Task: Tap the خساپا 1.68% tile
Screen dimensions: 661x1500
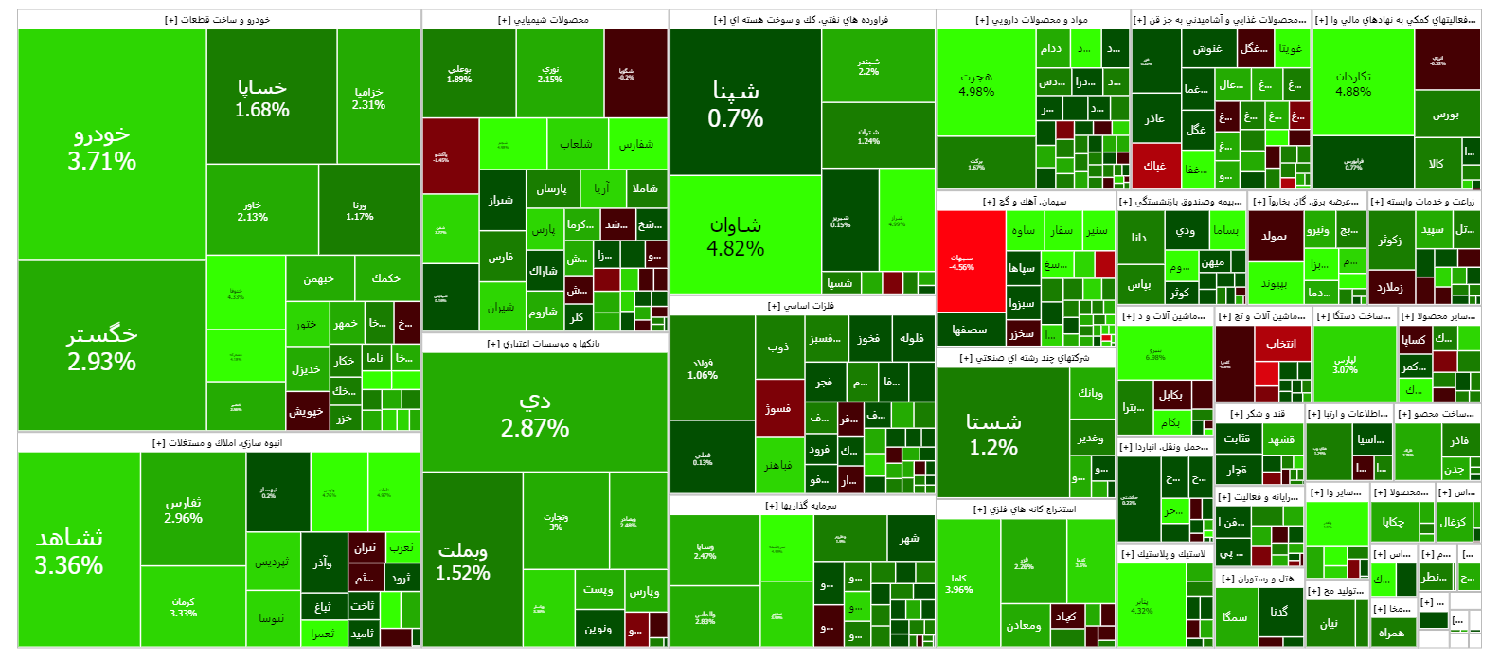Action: pyautogui.click(x=262, y=98)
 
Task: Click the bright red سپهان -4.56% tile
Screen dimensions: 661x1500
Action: pyautogui.click(x=971, y=261)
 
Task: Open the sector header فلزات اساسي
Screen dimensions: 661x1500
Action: pyautogui.click(x=801, y=306)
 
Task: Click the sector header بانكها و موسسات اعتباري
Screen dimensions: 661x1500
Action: pyautogui.click(x=545, y=344)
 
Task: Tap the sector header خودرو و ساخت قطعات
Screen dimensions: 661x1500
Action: pyautogui.click(x=218, y=19)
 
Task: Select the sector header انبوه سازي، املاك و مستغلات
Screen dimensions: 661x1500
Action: pyautogui.click(x=218, y=442)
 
